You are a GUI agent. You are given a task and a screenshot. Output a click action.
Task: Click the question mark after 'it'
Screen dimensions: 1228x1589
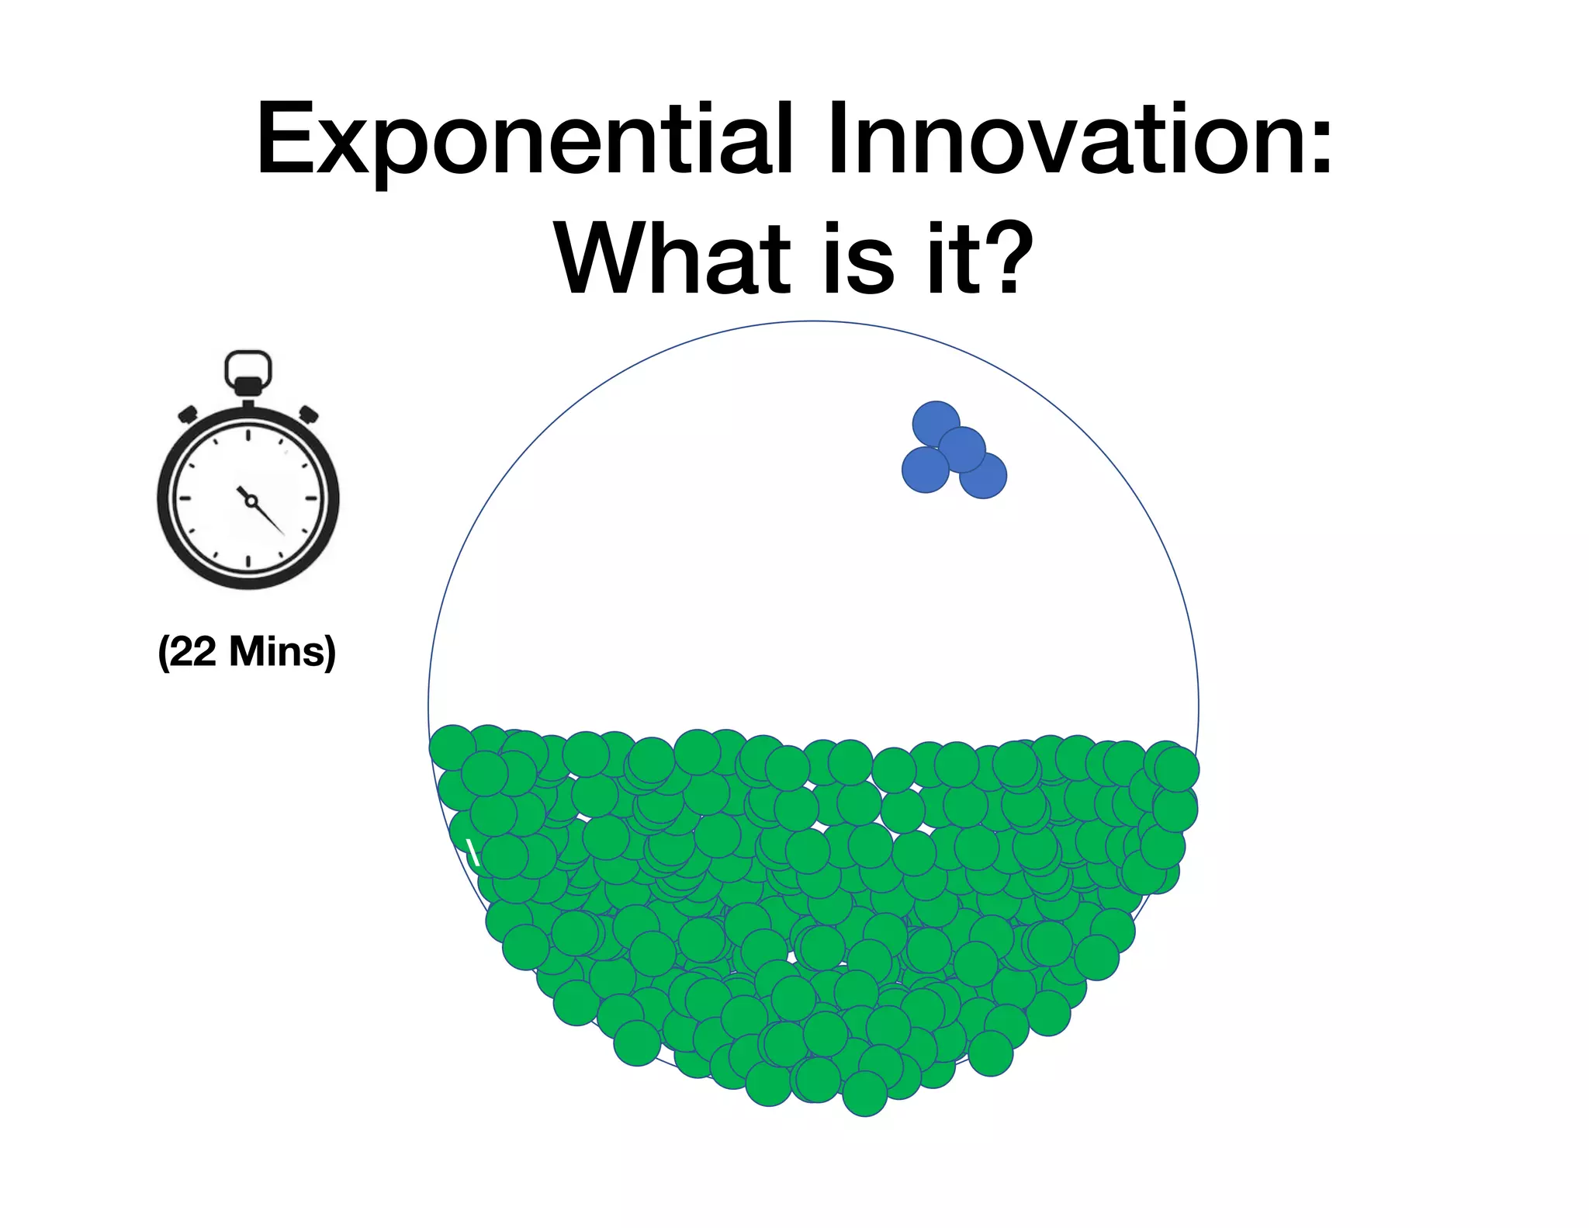1009,257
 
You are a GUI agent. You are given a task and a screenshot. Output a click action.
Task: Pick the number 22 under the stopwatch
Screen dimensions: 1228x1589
193,651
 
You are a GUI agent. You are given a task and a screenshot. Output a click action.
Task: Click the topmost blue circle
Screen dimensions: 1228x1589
936,424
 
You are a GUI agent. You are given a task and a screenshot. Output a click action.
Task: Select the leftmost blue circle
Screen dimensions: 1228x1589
925,470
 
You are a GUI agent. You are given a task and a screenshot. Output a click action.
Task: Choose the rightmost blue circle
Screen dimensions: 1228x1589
984,475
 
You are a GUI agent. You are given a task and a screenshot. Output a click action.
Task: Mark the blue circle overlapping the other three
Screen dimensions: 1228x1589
962,449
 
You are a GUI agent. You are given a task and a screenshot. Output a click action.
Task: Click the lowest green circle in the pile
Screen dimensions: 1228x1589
864,1094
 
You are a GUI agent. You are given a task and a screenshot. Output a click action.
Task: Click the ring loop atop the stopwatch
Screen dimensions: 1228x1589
248,369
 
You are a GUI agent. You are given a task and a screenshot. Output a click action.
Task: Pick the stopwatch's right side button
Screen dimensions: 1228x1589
309,414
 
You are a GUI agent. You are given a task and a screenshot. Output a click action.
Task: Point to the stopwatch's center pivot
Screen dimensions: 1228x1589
251,501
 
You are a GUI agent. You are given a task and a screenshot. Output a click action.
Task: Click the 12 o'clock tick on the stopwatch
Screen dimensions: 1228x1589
248,435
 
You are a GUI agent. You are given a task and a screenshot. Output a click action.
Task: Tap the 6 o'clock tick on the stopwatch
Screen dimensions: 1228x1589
248,562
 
